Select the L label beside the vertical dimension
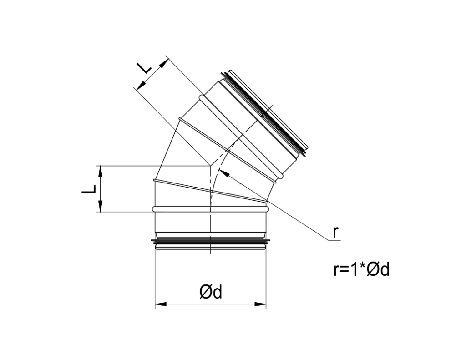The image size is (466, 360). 89,189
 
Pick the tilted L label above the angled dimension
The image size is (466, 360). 145,68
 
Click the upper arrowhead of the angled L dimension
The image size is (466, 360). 163,63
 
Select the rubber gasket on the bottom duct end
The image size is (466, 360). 210,245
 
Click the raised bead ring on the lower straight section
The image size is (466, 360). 210,208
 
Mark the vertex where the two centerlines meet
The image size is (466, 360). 210,166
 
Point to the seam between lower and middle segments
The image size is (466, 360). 210,191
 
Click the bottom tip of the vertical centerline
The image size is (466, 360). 211,253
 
